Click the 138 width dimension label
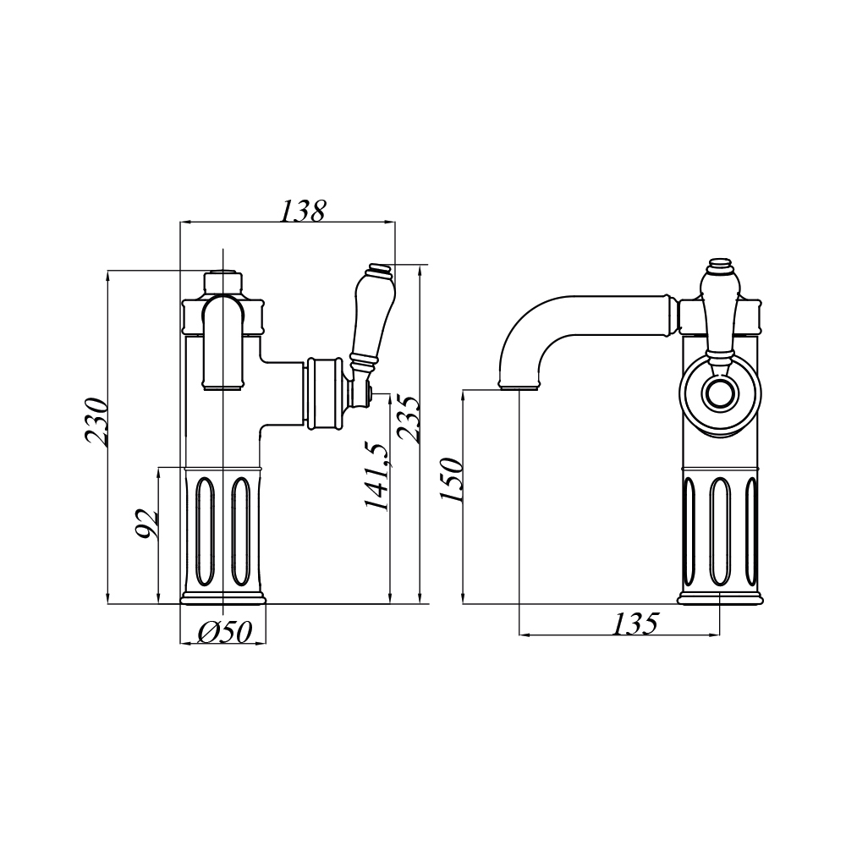pos(303,211)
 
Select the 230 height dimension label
pos(96,421)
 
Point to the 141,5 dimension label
pos(376,476)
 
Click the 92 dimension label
pos(146,524)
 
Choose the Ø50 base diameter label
pos(225,632)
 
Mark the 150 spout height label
pos(451,480)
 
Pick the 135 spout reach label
pos(635,624)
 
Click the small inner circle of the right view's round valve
pos(720,393)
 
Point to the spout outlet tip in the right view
pos(519,385)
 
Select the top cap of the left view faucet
pos(222,283)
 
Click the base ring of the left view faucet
pos(223,599)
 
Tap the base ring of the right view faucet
pos(720,598)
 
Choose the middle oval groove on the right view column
pos(720,531)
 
